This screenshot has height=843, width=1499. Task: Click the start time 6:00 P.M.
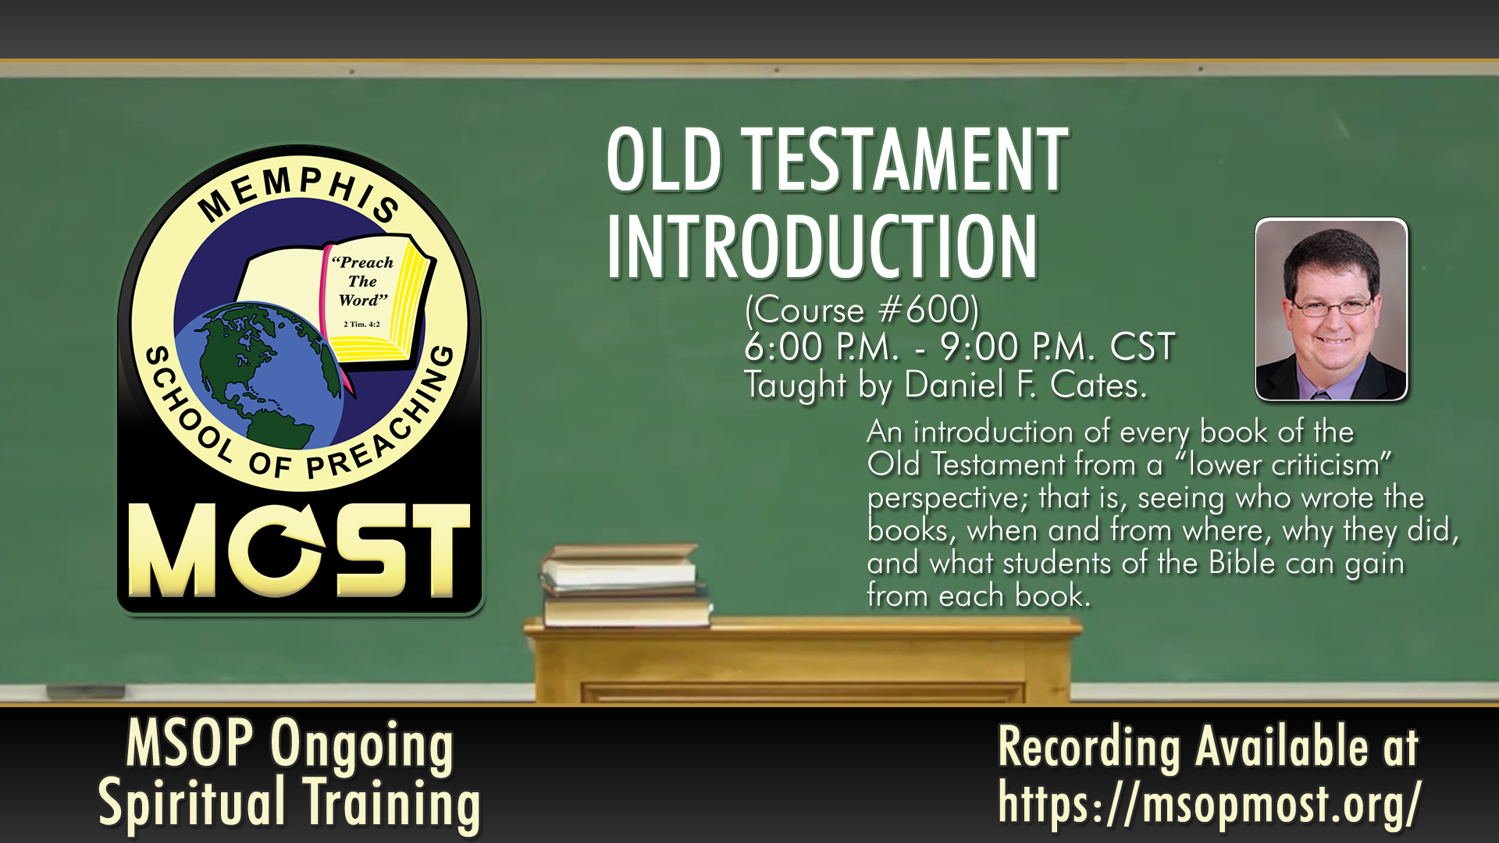pos(822,347)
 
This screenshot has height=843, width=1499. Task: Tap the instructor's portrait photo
pos(1331,309)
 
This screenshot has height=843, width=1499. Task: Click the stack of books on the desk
pos(625,585)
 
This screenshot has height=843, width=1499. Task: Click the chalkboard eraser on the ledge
pos(86,692)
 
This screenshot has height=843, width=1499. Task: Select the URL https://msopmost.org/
pos(1209,802)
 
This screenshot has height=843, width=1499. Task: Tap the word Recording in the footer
pos(1089,747)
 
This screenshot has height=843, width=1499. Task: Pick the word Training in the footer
pos(391,802)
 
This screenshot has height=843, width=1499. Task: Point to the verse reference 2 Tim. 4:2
pos(361,324)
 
